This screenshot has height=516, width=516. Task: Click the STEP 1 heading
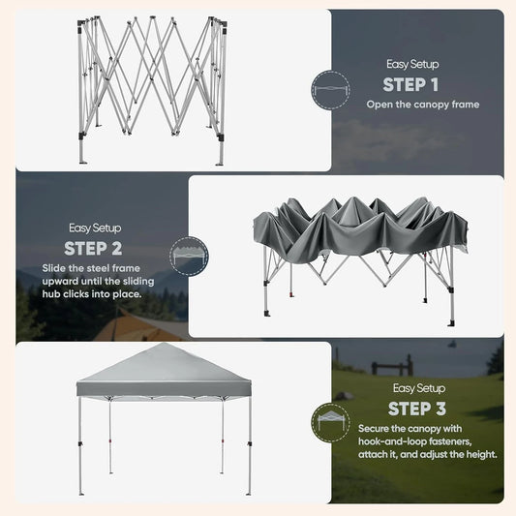click(x=410, y=84)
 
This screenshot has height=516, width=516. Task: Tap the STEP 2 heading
click(x=93, y=249)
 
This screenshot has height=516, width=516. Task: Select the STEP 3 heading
click(x=417, y=409)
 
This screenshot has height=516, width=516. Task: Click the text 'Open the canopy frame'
click(x=423, y=105)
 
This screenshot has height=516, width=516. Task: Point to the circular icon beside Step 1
click(x=330, y=89)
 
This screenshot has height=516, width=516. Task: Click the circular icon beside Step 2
click(x=189, y=256)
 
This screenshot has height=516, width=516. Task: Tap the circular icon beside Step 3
click(x=330, y=422)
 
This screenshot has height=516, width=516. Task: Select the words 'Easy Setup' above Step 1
click(x=412, y=64)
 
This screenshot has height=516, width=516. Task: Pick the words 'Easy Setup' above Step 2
click(x=95, y=228)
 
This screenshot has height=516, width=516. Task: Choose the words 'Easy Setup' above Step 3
click(x=419, y=388)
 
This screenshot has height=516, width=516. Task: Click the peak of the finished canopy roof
click(x=164, y=344)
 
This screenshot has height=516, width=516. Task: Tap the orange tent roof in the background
click(x=139, y=326)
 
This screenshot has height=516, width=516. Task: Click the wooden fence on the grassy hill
click(x=392, y=365)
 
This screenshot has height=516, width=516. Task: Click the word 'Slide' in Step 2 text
click(x=53, y=268)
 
